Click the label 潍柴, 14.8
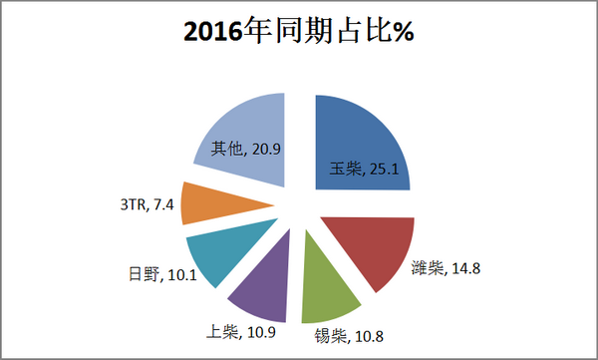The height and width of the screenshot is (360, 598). click(446, 267)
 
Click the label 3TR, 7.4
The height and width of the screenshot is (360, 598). click(146, 205)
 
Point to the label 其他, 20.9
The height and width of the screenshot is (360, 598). click(245, 149)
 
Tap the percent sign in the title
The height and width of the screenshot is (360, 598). click(401, 32)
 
